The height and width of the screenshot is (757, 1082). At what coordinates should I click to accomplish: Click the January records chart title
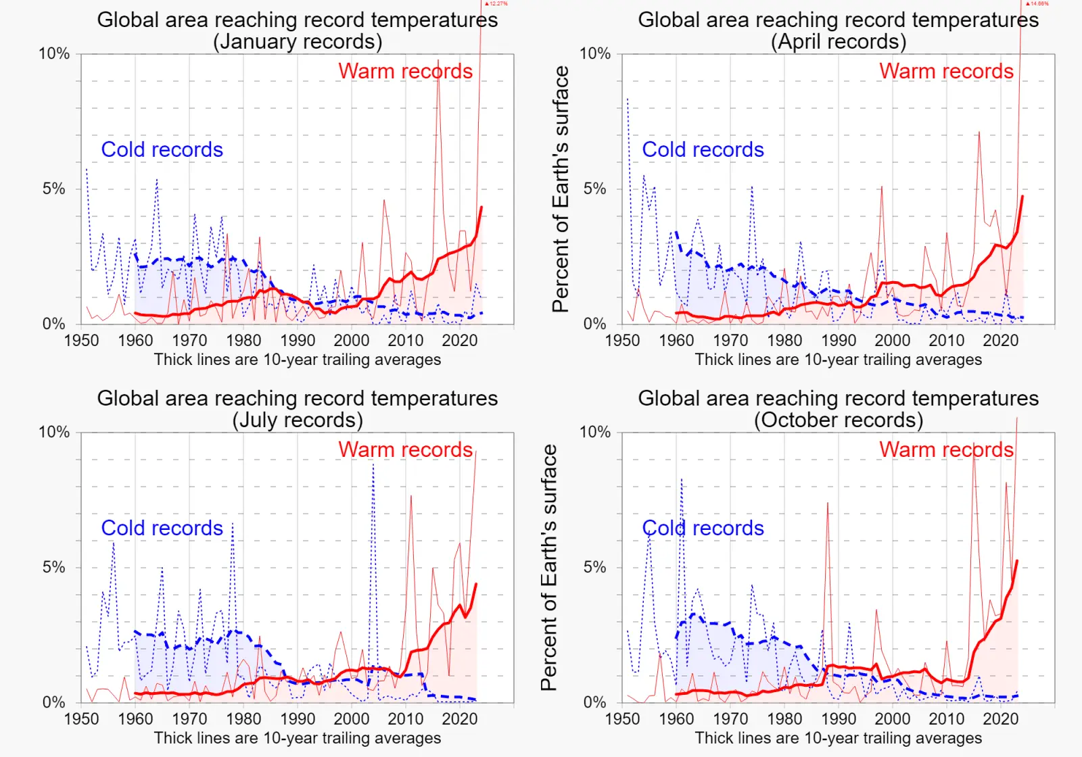298,20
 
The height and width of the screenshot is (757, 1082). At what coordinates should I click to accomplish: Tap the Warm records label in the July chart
405,449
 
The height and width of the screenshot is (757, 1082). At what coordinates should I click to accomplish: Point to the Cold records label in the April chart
703,149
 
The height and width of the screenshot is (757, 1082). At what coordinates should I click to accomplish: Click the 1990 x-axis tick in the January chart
298,340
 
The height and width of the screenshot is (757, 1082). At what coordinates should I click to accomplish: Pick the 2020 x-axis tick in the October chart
1000,718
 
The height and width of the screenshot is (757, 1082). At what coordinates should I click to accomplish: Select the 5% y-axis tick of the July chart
54,567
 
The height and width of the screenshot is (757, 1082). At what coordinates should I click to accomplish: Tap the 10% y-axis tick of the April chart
595,53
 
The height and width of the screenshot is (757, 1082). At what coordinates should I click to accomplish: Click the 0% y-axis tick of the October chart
595,702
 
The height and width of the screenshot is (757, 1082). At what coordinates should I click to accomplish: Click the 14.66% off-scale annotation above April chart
1037,4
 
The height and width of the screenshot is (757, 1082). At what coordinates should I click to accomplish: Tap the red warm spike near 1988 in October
827,504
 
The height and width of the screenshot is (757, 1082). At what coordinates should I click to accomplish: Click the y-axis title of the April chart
561,189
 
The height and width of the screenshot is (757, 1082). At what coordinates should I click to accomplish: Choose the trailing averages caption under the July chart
298,737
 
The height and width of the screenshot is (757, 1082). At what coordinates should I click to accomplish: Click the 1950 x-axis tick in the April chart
622,340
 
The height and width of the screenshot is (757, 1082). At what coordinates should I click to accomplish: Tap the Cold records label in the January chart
162,149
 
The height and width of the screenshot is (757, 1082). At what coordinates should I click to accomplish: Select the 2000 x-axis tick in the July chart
352,718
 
